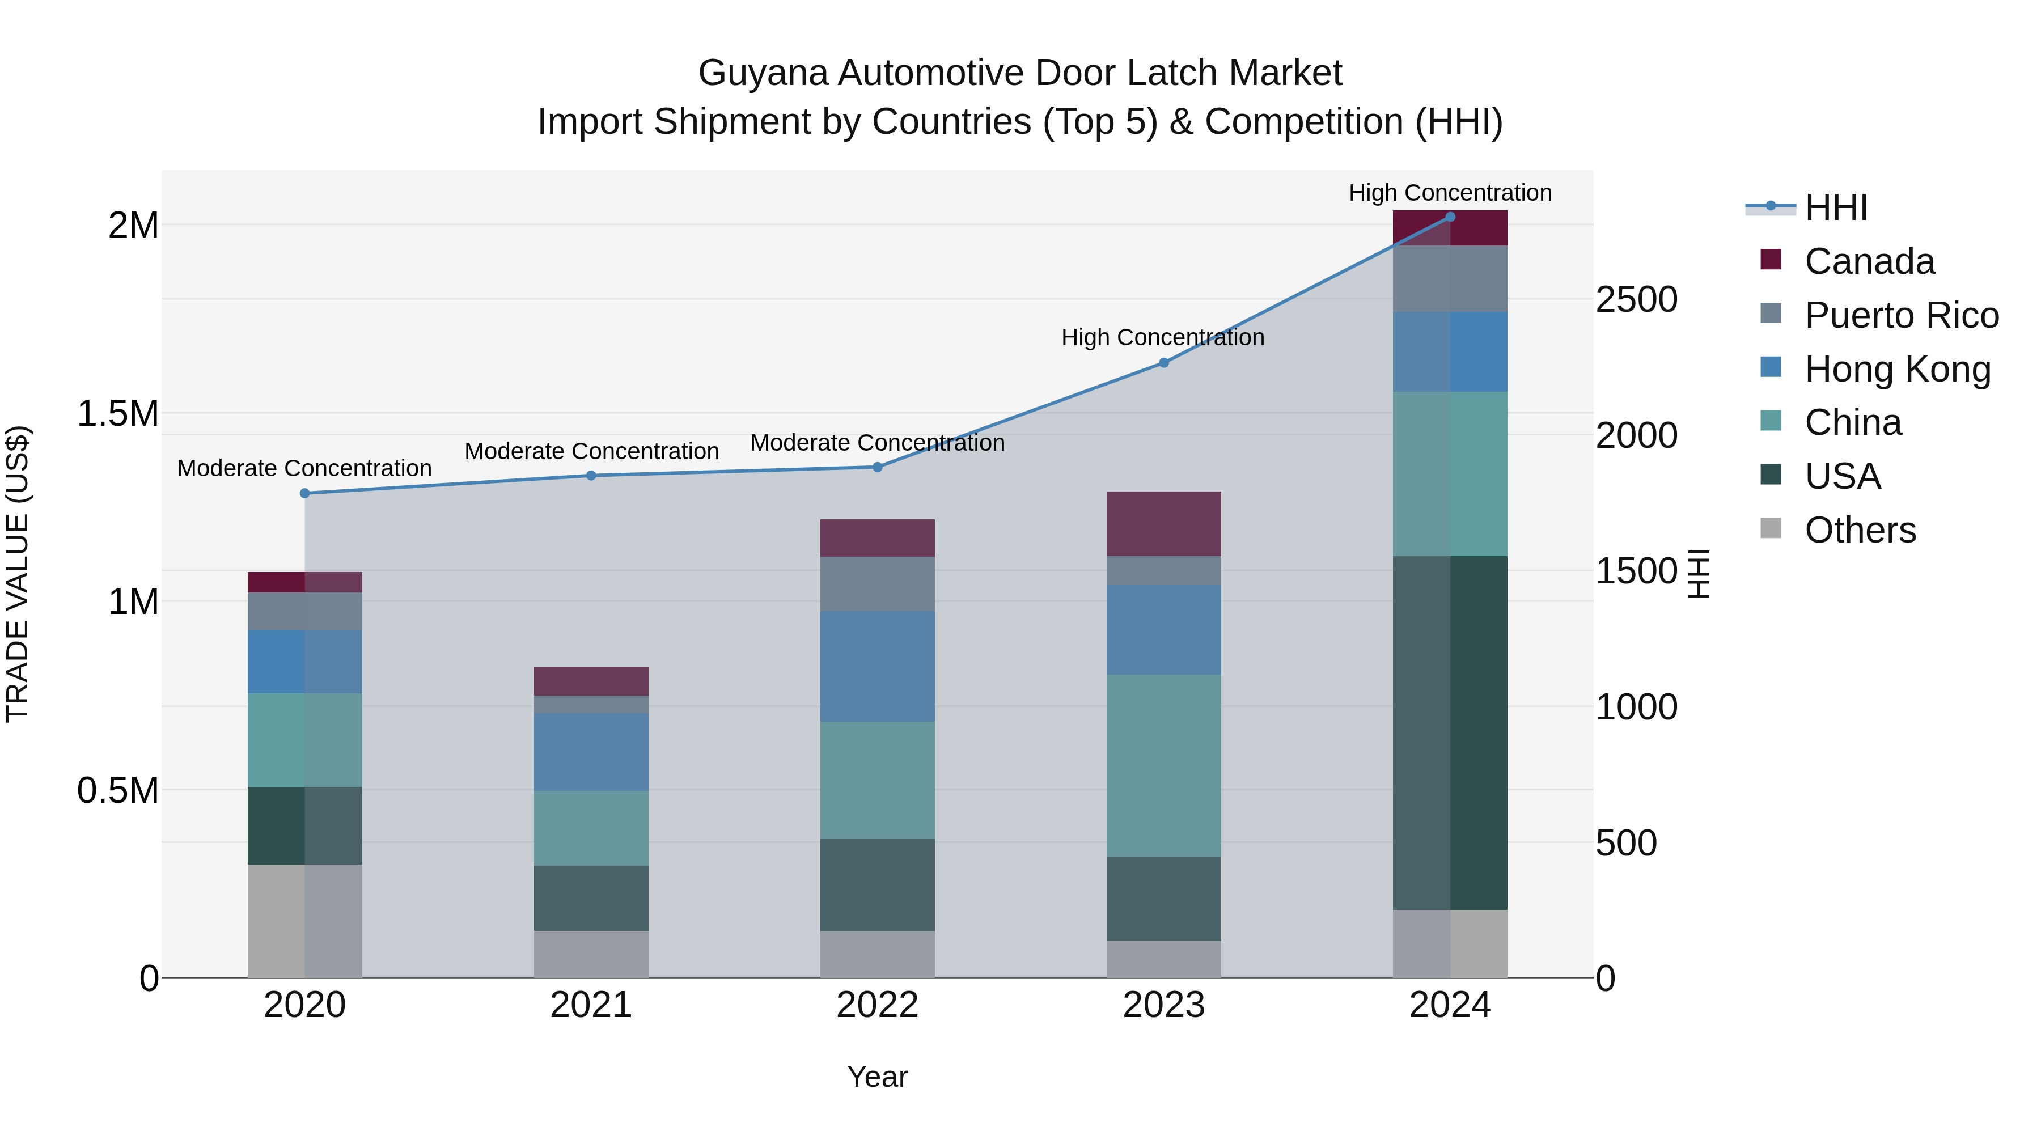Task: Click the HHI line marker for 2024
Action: (1450, 217)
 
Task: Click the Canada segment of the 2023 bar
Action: (1163, 524)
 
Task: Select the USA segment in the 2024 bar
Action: (1450, 733)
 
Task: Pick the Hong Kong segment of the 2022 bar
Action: (877, 666)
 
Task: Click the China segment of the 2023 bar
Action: (1163, 766)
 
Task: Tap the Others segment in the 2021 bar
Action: (591, 955)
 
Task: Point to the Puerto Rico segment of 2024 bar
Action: (1450, 279)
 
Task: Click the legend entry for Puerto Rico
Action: (1901, 315)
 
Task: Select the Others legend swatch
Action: (1771, 528)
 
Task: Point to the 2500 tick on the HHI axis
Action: (1636, 299)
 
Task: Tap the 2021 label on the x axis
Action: (591, 1005)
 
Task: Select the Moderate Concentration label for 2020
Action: (304, 468)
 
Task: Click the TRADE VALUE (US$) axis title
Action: (18, 574)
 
